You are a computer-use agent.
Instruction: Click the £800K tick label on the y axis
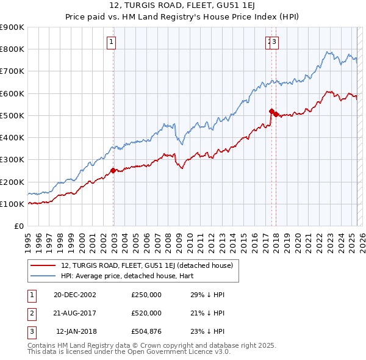(12, 49)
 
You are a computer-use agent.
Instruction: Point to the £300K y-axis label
(12, 160)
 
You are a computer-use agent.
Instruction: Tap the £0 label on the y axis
(18, 226)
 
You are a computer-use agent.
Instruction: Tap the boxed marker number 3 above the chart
(275, 42)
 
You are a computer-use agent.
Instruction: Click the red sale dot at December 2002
(113, 171)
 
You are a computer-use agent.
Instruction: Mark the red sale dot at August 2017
(271, 111)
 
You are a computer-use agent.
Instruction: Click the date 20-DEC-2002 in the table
(75, 295)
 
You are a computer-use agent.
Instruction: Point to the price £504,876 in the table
(146, 331)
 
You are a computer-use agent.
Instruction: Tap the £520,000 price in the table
(146, 313)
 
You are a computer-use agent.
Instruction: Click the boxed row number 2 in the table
(32, 313)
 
